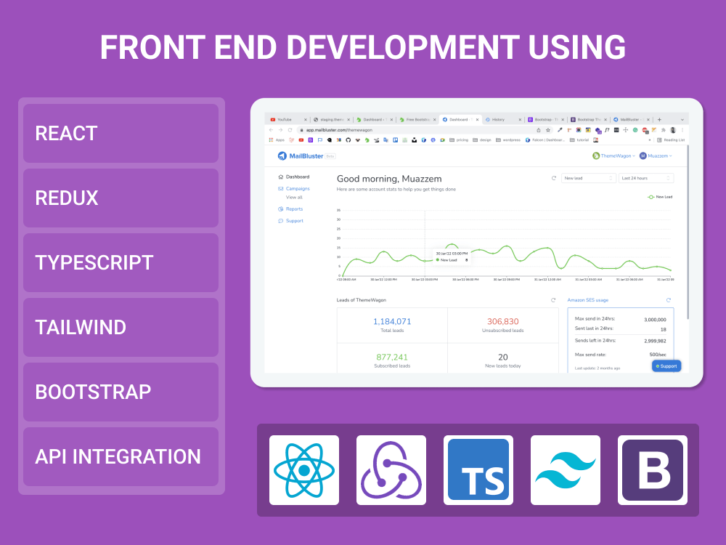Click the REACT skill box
click(x=121, y=133)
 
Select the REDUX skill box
click(x=121, y=198)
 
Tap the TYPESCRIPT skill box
click(x=121, y=262)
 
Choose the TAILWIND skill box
click(x=121, y=327)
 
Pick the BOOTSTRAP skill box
click(x=121, y=392)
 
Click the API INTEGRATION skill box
click(x=121, y=456)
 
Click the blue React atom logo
click(x=304, y=470)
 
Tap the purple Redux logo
click(x=391, y=470)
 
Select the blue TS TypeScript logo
click(x=478, y=470)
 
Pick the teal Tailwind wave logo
click(x=566, y=470)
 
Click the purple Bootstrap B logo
click(x=653, y=470)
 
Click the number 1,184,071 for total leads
click(x=392, y=322)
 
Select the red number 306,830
click(x=502, y=322)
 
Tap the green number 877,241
click(x=392, y=357)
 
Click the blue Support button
click(x=666, y=366)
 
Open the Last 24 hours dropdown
click(x=645, y=178)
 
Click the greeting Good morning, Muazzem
click(x=389, y=179)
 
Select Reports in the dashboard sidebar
click(x=294, y=209)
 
